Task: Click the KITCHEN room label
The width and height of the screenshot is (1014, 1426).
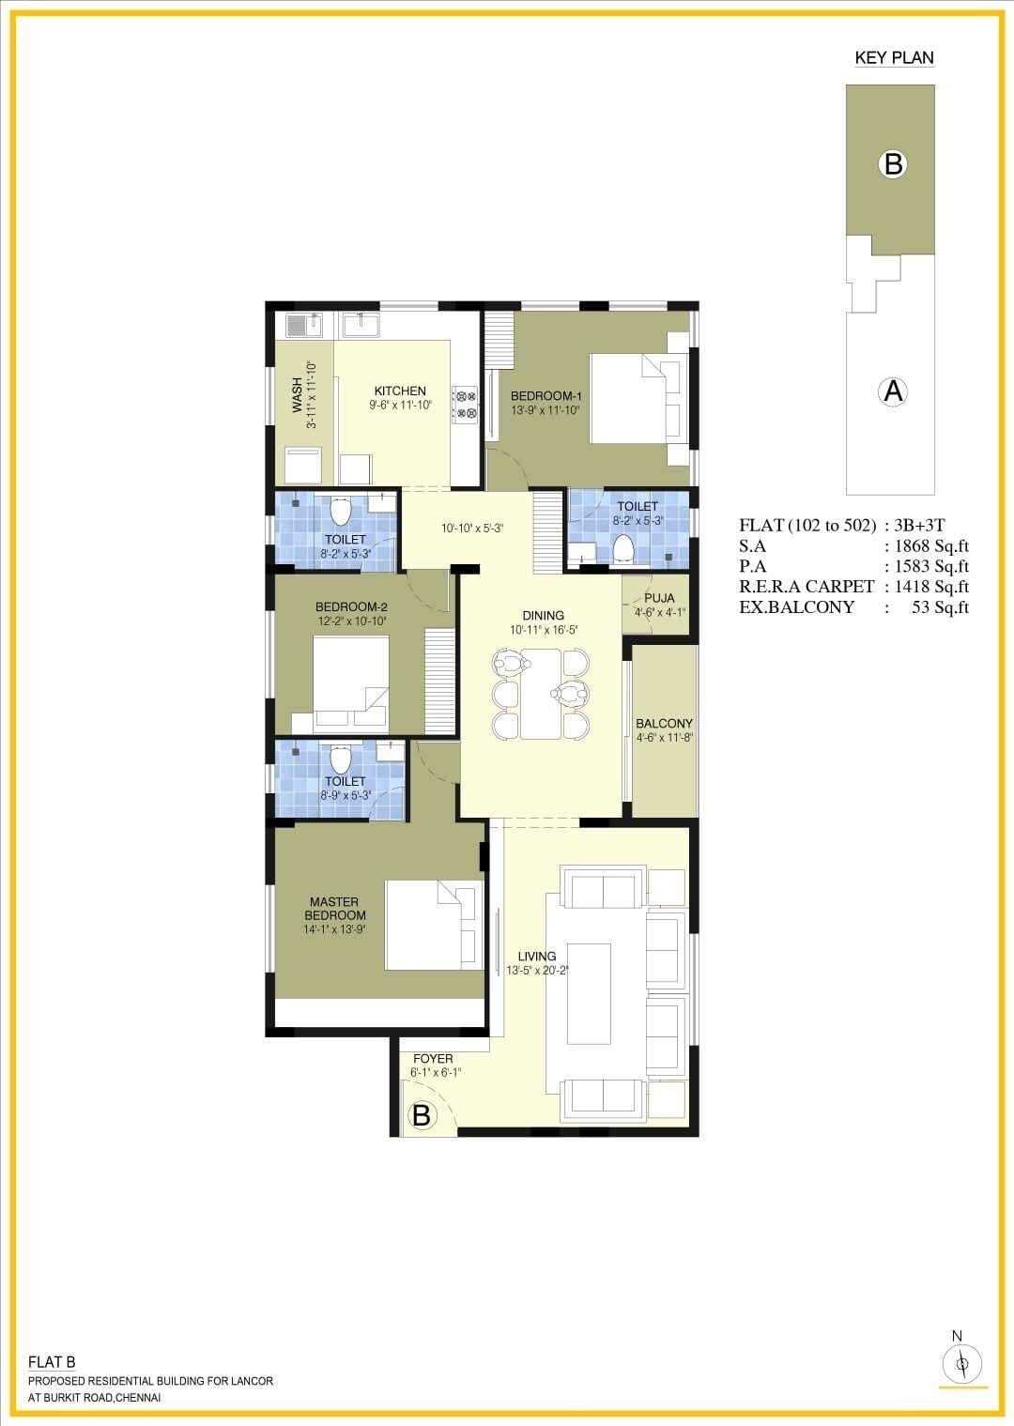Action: [400, 391]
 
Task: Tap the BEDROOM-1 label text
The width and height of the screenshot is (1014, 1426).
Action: [545, 396]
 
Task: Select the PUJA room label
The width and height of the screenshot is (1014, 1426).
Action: [659, 598]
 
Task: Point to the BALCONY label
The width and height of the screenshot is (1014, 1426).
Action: [664, 724]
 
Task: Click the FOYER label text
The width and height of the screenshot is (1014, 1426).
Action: [433, 1059]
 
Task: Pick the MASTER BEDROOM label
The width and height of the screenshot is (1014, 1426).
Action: [334, 909]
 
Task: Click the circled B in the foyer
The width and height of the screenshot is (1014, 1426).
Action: [422, 1115]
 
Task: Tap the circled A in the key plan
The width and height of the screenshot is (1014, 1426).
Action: [893, 391]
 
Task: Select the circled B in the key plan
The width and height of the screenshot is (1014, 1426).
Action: [893, 164]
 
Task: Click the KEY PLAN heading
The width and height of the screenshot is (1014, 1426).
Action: [894, 58]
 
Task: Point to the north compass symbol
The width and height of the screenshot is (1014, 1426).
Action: [961, 1364]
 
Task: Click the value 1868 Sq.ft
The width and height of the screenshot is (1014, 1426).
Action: [931, 546]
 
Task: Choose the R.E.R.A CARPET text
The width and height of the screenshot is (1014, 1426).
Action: [807, 587]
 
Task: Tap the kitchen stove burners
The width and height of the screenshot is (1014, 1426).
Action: [465, 405]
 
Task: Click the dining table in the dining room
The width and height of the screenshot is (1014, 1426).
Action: [541, 693]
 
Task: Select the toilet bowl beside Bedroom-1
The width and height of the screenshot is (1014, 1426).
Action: [623, 548]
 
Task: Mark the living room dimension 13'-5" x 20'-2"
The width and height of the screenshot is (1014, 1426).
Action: [538, 971]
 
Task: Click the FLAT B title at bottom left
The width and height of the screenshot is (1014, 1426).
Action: [52, 1362]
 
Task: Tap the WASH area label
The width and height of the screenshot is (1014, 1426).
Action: [297, 395]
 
